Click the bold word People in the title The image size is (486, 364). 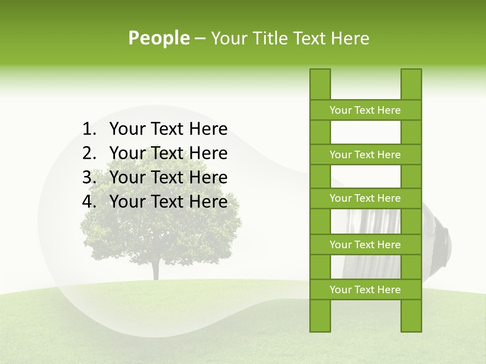pyautogui.click(x=158, y=38)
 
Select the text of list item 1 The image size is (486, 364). pyautogui.click(x=168, y=129)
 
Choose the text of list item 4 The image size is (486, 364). pyautogui.click(x=168, y=202)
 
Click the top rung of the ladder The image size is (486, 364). pyautogui.click(x=365, y=110)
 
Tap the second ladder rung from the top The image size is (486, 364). pyautogui.click(x=365, y=155)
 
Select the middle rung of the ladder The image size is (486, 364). pyautogui.click(x=365, y=198)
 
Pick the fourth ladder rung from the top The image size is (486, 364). pyautogui.click(x=365, y=245)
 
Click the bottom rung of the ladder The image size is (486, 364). pyautogui.click(x=365, y=290)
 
